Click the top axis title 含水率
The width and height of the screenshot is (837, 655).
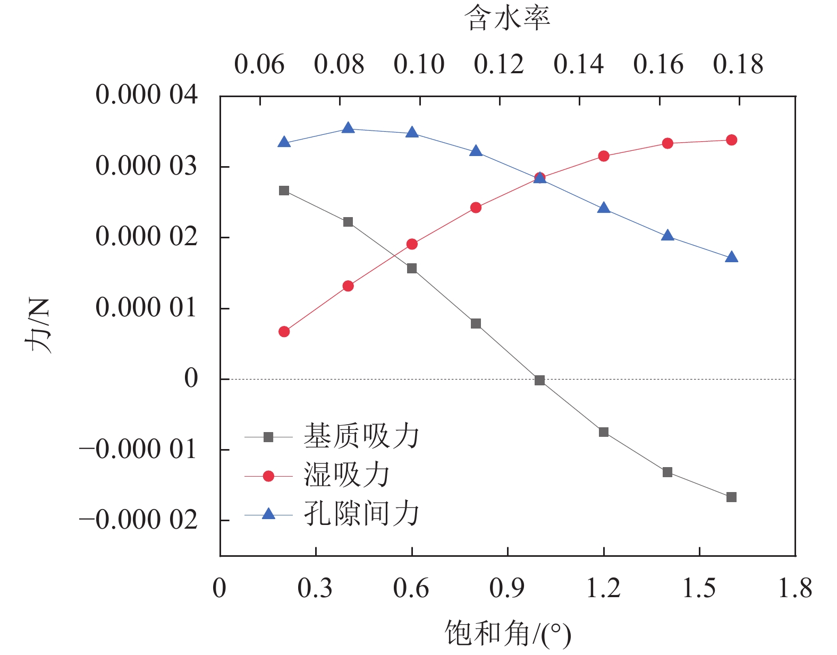[x=507, y=18]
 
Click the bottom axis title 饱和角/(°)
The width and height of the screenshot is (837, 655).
[x=508, y=633]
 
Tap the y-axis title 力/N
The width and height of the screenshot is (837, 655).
[x=38, y=325]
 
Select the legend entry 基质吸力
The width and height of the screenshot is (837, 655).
[x=361, y=436]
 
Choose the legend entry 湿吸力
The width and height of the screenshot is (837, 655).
[x=346, y=475]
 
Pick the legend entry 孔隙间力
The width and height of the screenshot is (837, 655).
[x=361, y=514]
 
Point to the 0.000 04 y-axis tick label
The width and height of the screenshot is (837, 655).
[x=146, y=95]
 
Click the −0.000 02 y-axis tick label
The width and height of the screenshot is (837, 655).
[x=138, y=520]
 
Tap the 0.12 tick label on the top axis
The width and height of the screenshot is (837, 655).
[x=498, y=64]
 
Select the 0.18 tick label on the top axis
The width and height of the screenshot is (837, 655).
[x=738, y=64]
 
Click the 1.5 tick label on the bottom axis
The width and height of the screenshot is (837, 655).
[x=699, y=588]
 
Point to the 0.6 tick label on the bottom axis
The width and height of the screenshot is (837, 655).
[x=411, y=588]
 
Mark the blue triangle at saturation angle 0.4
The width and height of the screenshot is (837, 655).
[x=348, y=128]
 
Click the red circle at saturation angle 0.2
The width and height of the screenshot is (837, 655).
[x=284, y=332]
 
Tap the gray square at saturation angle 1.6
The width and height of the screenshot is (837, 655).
[x=731, y=497]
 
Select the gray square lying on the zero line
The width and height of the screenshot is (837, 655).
[x=540, y=380]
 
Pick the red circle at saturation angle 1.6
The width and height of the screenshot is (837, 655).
[x=731, y=140]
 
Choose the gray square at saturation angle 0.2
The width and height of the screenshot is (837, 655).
[x=284, y=191]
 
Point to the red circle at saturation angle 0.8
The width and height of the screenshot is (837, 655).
[x=476, y=208]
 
